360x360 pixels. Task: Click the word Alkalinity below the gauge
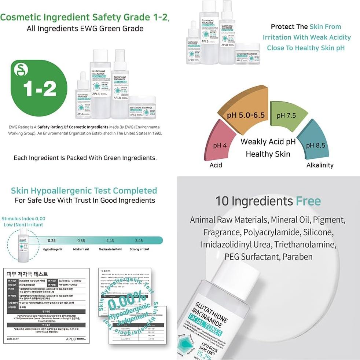tap(320, 165)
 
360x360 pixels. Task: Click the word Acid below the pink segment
tap(216, 165)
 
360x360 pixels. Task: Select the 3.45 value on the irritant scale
tap(139, 240)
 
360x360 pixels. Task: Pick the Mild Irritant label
tap(81, 249)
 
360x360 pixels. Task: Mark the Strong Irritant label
tap(139, 249)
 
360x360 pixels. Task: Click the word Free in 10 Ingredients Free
tap(308, 201)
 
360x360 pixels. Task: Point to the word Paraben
tap(297, 257)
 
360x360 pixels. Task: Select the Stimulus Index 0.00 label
tap(23, 219)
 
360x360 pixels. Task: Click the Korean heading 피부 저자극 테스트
tap(27, 274)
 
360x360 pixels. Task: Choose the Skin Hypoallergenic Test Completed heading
tap(84, 191)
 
